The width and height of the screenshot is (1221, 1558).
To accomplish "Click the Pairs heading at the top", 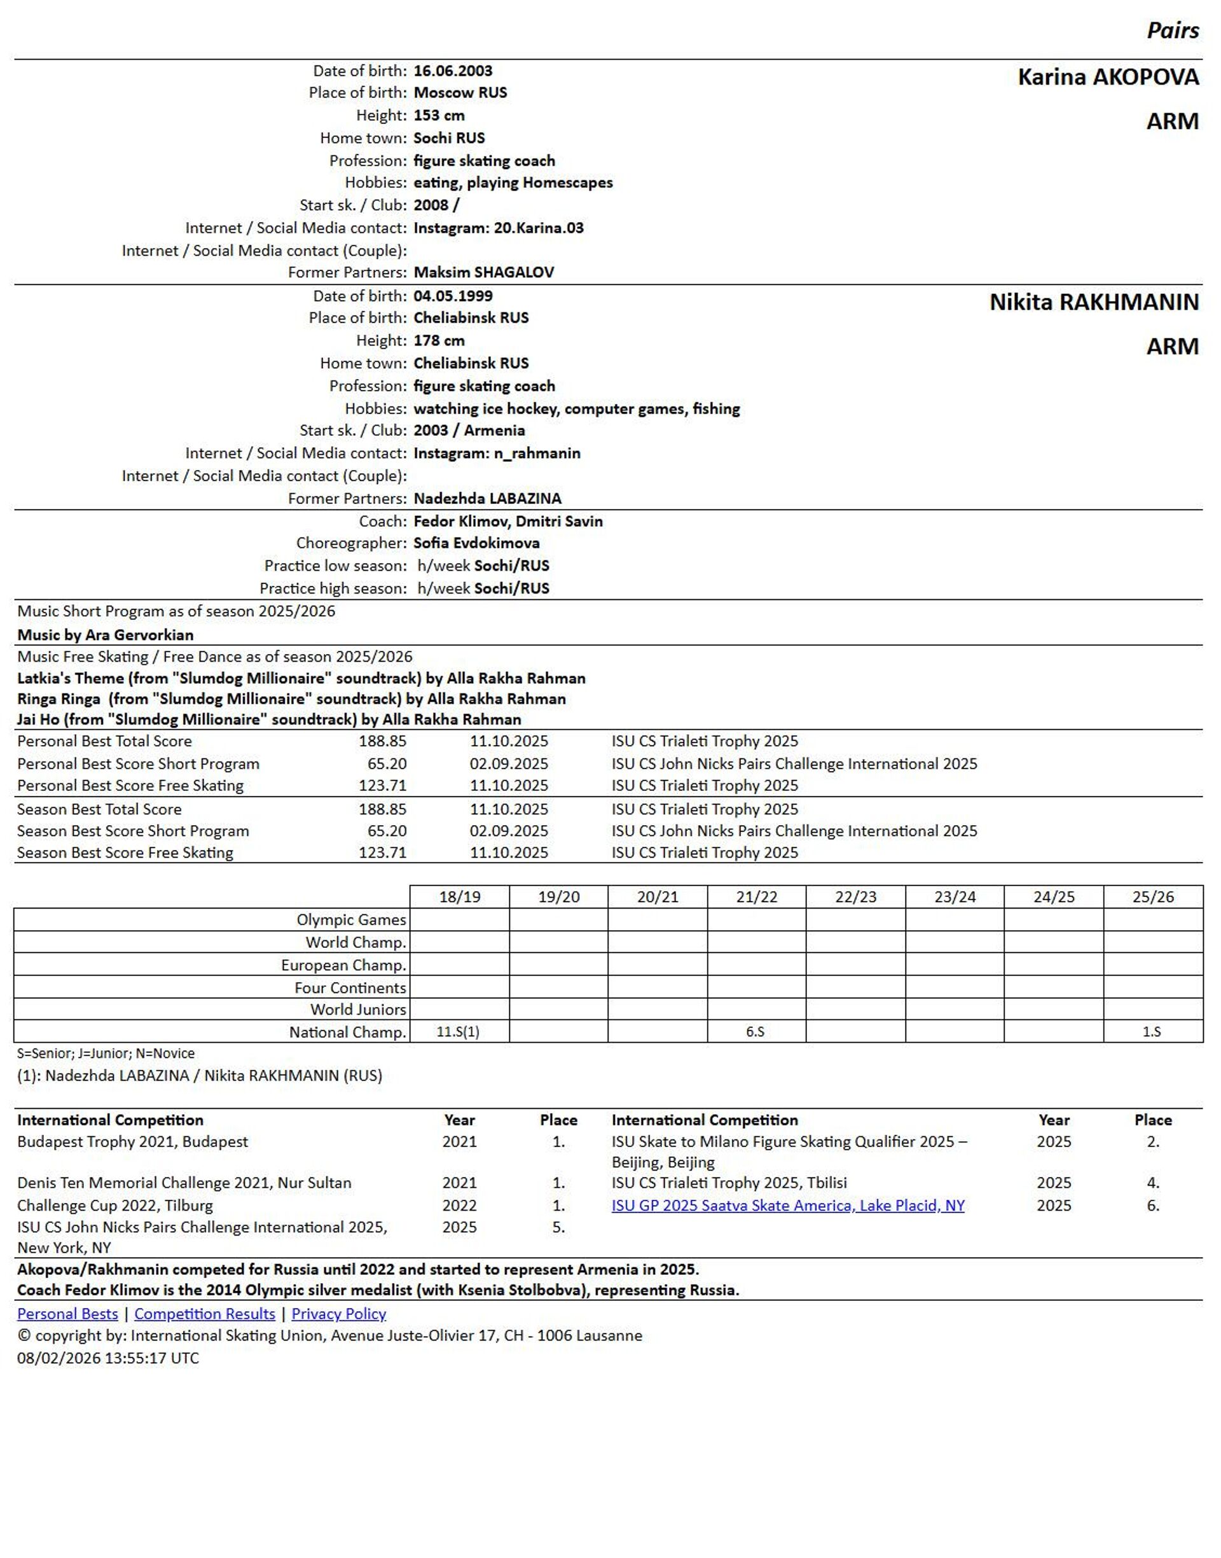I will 1173,30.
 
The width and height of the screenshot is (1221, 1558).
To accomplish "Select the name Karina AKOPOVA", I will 1107,77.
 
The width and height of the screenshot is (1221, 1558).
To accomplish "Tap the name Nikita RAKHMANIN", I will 1093,302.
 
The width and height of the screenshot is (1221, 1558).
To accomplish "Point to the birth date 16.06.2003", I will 453,71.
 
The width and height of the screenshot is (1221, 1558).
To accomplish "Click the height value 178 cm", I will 439,340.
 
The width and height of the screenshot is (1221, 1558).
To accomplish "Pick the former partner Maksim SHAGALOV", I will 483,272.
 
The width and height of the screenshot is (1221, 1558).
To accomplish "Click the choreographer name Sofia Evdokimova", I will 476,543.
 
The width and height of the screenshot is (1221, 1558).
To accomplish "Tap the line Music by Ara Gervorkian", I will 105,634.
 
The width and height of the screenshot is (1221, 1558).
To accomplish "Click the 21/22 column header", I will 756,896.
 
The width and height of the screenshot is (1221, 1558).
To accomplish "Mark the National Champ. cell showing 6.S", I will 755,1032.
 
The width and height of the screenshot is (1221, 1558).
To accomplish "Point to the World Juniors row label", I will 357,1009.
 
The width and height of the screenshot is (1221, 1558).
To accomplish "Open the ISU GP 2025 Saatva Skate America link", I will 788,1205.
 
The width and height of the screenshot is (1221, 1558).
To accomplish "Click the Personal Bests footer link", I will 67,1314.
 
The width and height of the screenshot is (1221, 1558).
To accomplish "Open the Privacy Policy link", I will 338,1314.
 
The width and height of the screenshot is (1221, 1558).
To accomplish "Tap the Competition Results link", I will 204,1314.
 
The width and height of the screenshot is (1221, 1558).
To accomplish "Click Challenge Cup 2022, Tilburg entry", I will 115,1205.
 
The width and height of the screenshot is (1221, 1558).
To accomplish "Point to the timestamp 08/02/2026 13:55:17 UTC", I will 108,1358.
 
